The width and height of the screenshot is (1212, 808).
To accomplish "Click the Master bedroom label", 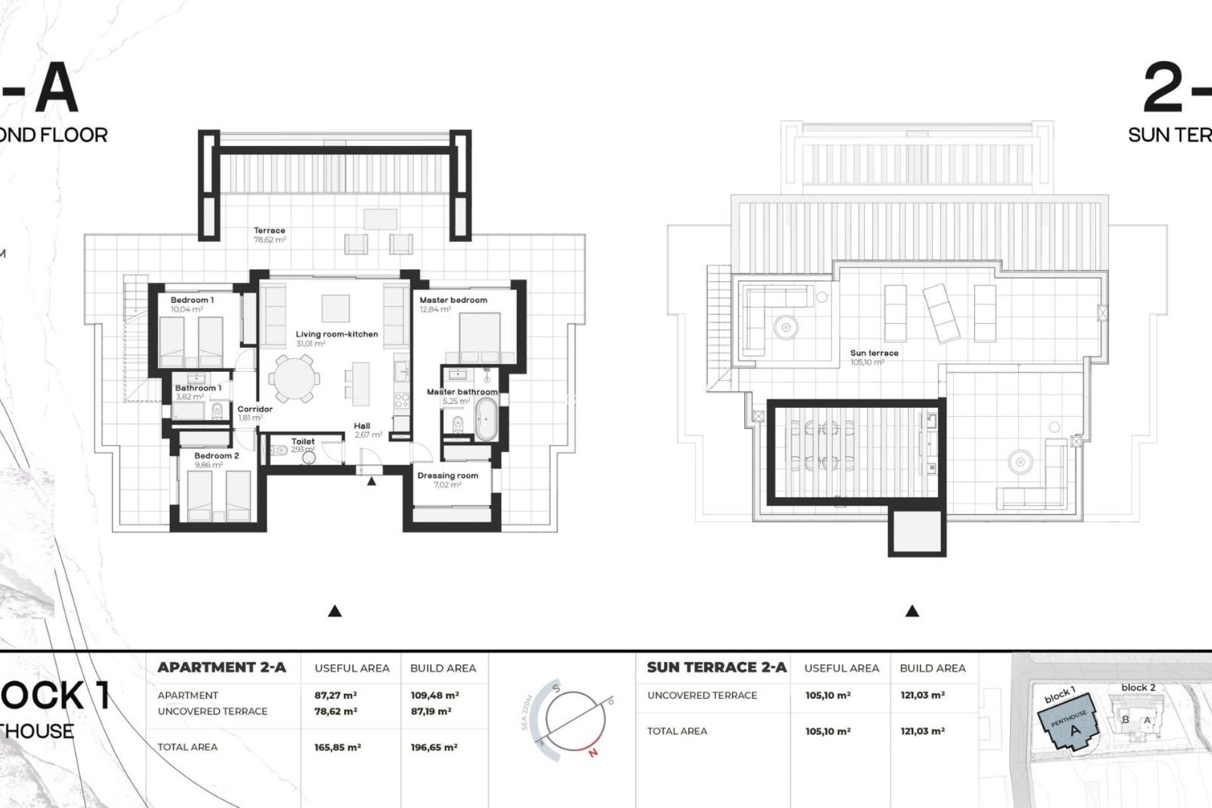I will [x=453, y=300].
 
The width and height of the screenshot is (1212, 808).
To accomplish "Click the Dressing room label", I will [x=448, y=476].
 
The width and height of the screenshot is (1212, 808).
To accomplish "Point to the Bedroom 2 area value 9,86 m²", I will [x=208, y=465].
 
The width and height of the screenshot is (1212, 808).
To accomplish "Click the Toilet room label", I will [x=303, y=442].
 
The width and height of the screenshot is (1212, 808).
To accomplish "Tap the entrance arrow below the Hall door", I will [x=372, y=482].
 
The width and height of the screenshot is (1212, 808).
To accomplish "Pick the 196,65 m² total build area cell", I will [x=434, y=747].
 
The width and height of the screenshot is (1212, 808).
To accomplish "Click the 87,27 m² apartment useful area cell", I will [x=336, y=695].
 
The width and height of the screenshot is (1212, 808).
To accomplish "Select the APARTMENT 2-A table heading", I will [x=222, y=667].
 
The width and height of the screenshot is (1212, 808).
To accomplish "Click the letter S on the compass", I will [x=555, y=688].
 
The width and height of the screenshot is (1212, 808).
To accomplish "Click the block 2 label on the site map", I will [x=1138, y=687].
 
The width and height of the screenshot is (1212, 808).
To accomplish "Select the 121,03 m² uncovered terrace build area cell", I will [x=922, y=695].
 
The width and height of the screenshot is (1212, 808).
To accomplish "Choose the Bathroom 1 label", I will [x=198, y=388].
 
